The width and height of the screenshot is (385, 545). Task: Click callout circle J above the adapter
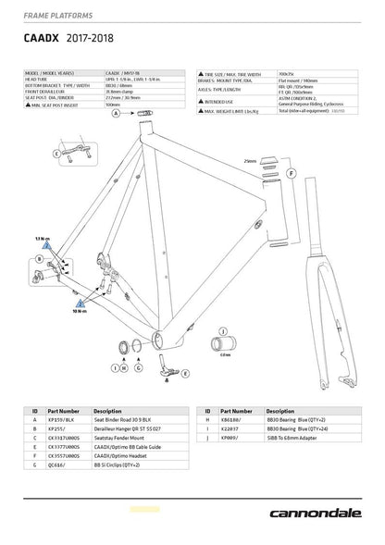point(223,330)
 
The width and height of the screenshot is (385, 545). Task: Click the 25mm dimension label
point(249,160)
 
